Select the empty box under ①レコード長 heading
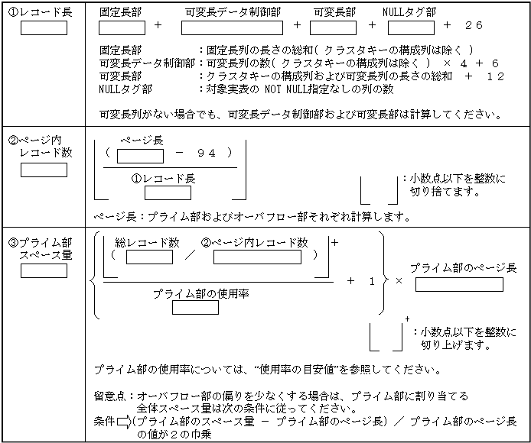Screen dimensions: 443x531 (x=44, y=28)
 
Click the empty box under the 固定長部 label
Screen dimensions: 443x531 (x=122, y=27)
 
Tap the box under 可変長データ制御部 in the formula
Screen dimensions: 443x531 (x=233, y=27)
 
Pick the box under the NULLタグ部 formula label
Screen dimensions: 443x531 (x=411, y=27)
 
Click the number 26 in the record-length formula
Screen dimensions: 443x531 (x=474, y=26)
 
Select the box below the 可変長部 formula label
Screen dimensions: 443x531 (x=334, y=27)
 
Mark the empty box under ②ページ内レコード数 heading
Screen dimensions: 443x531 (x=44, y=170)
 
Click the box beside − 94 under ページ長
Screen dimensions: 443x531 (x=140, y=156)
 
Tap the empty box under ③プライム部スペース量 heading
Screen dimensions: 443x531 (x=44, y=271)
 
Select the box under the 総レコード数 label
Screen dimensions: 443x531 (x=150, y=257)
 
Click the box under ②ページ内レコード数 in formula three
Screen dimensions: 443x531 (x=262, y=257)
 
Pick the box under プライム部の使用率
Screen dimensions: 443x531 (x=196, y=308)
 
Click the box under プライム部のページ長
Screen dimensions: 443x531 (x=459, y=284)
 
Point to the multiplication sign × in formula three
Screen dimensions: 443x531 (x=398, y=281)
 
